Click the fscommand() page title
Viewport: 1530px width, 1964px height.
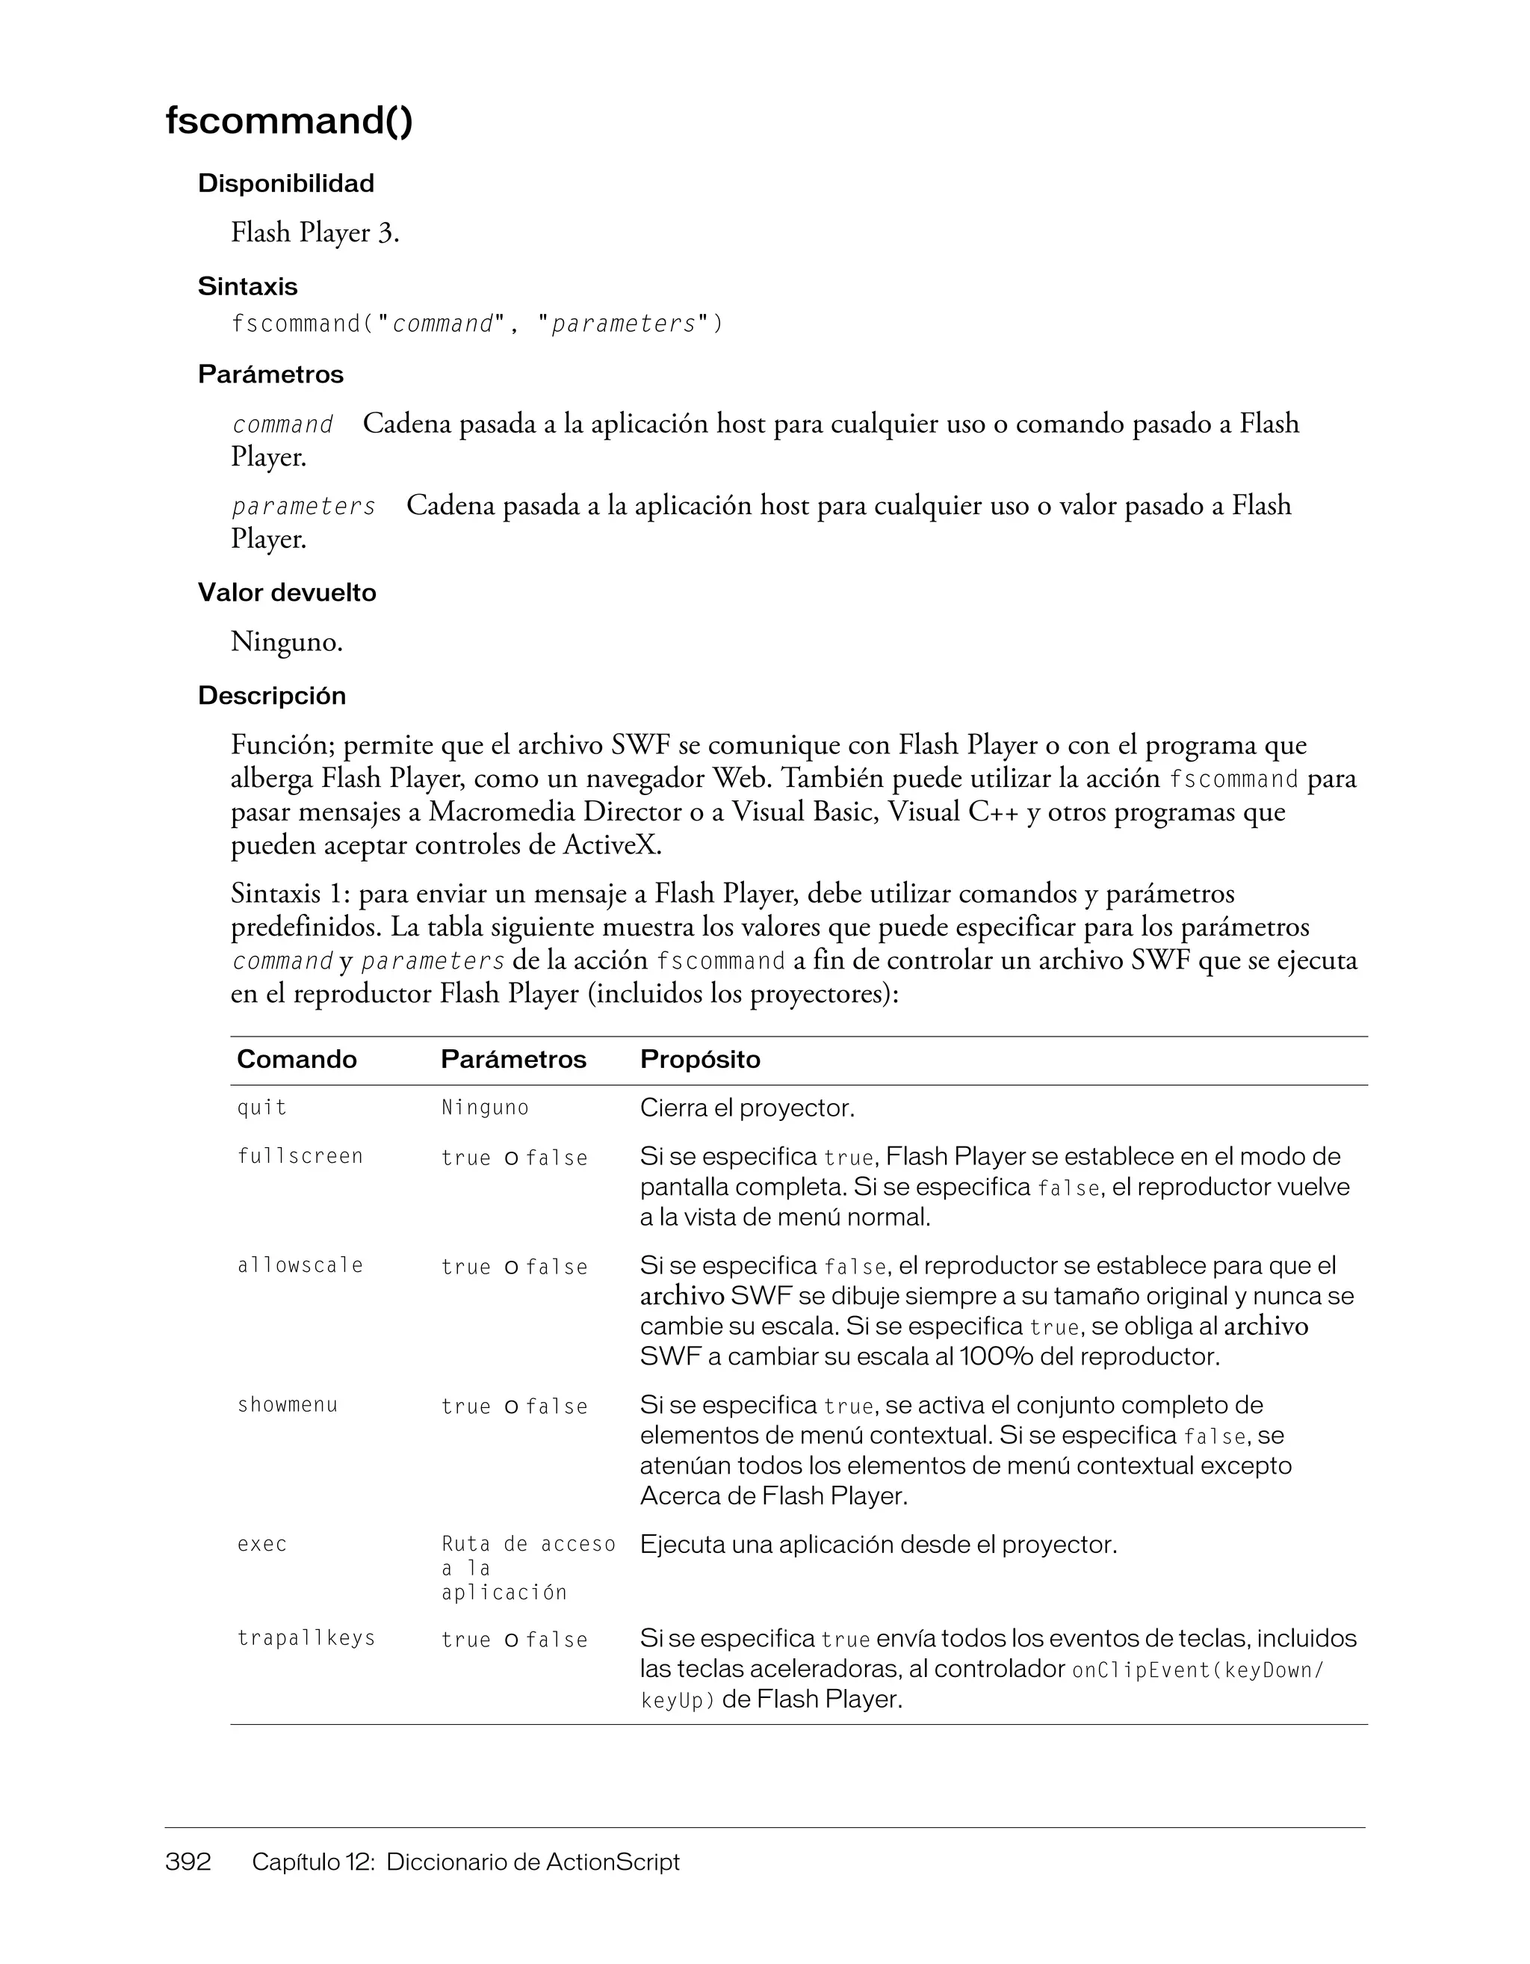[x=288, y=120]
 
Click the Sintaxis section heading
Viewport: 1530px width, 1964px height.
[x=247, y=286]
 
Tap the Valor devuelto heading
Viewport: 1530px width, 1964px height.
[x=287, y=593]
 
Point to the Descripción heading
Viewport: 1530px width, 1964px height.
[x=271, y=695]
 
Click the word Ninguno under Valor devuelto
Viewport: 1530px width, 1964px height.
[x=286, y=642]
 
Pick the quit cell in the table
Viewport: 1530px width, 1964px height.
[x=261, y=1108]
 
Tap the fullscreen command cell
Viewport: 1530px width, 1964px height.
[x=300, y=1156]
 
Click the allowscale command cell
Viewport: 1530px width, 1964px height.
[x=300, y=1266]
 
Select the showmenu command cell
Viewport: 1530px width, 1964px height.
[x=287, y=1406]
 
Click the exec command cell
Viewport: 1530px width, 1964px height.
[x=261, y=1545]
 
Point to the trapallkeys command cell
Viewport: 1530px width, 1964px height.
[x=306, y=1638]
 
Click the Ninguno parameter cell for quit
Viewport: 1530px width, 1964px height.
[x=485, y=1108]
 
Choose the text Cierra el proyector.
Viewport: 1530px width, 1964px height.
[x=746, y=1108]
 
